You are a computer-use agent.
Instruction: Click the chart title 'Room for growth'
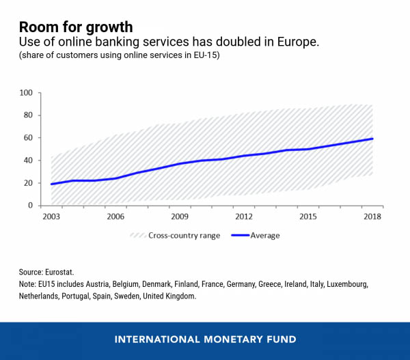pos(76,27)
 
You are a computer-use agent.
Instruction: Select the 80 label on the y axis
pos(28,115)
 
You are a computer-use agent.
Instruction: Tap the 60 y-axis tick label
pos(28,137)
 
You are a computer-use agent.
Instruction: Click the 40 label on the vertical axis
pos(28,160)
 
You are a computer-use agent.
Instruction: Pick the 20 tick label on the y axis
pos(28,182)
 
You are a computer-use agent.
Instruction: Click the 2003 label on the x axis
pos(51,217)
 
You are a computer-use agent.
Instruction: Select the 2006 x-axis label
pos(115,217)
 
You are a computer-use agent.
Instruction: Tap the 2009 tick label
pos(180,217)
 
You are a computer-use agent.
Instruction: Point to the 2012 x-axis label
pos(244,217)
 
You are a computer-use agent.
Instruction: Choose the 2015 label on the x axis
pos(308,217)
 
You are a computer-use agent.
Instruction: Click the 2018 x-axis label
pos(372,217)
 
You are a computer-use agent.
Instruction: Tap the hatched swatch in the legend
pos(141,236)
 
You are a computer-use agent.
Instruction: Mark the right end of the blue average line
pos(372,139)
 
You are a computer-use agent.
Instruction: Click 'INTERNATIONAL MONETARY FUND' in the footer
pos(205,340)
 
